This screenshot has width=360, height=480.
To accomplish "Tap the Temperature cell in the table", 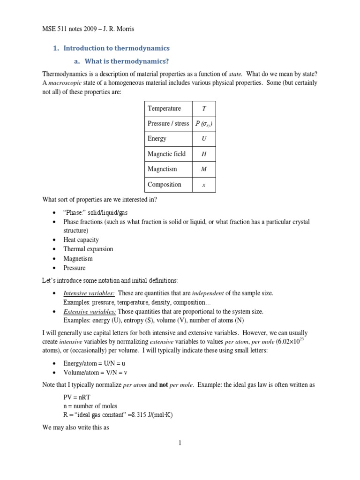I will tap(164, 108).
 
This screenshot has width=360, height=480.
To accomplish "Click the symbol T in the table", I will tap(203, 108).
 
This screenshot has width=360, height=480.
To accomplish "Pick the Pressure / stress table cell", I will tap(168, 123).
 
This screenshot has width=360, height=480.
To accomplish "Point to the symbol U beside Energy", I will tap(203, 139).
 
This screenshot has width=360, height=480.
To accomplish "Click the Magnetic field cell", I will tap(166, 154).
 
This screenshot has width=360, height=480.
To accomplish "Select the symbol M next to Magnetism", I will tap(203, 169).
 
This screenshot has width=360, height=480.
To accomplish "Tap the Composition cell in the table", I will tap(164, 184).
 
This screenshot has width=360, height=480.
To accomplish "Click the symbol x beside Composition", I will tap(203, 185).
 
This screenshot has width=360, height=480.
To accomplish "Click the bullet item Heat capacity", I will tap(81, 240).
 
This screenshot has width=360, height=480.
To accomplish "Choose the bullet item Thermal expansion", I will tap(88, 249).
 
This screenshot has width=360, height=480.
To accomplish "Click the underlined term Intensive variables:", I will tap(89, 293).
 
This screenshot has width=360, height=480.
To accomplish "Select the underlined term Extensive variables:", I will tap(90, 311).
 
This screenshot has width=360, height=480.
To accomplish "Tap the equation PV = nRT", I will tap(78, 397).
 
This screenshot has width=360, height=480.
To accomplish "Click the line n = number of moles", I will tap(90, 406).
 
